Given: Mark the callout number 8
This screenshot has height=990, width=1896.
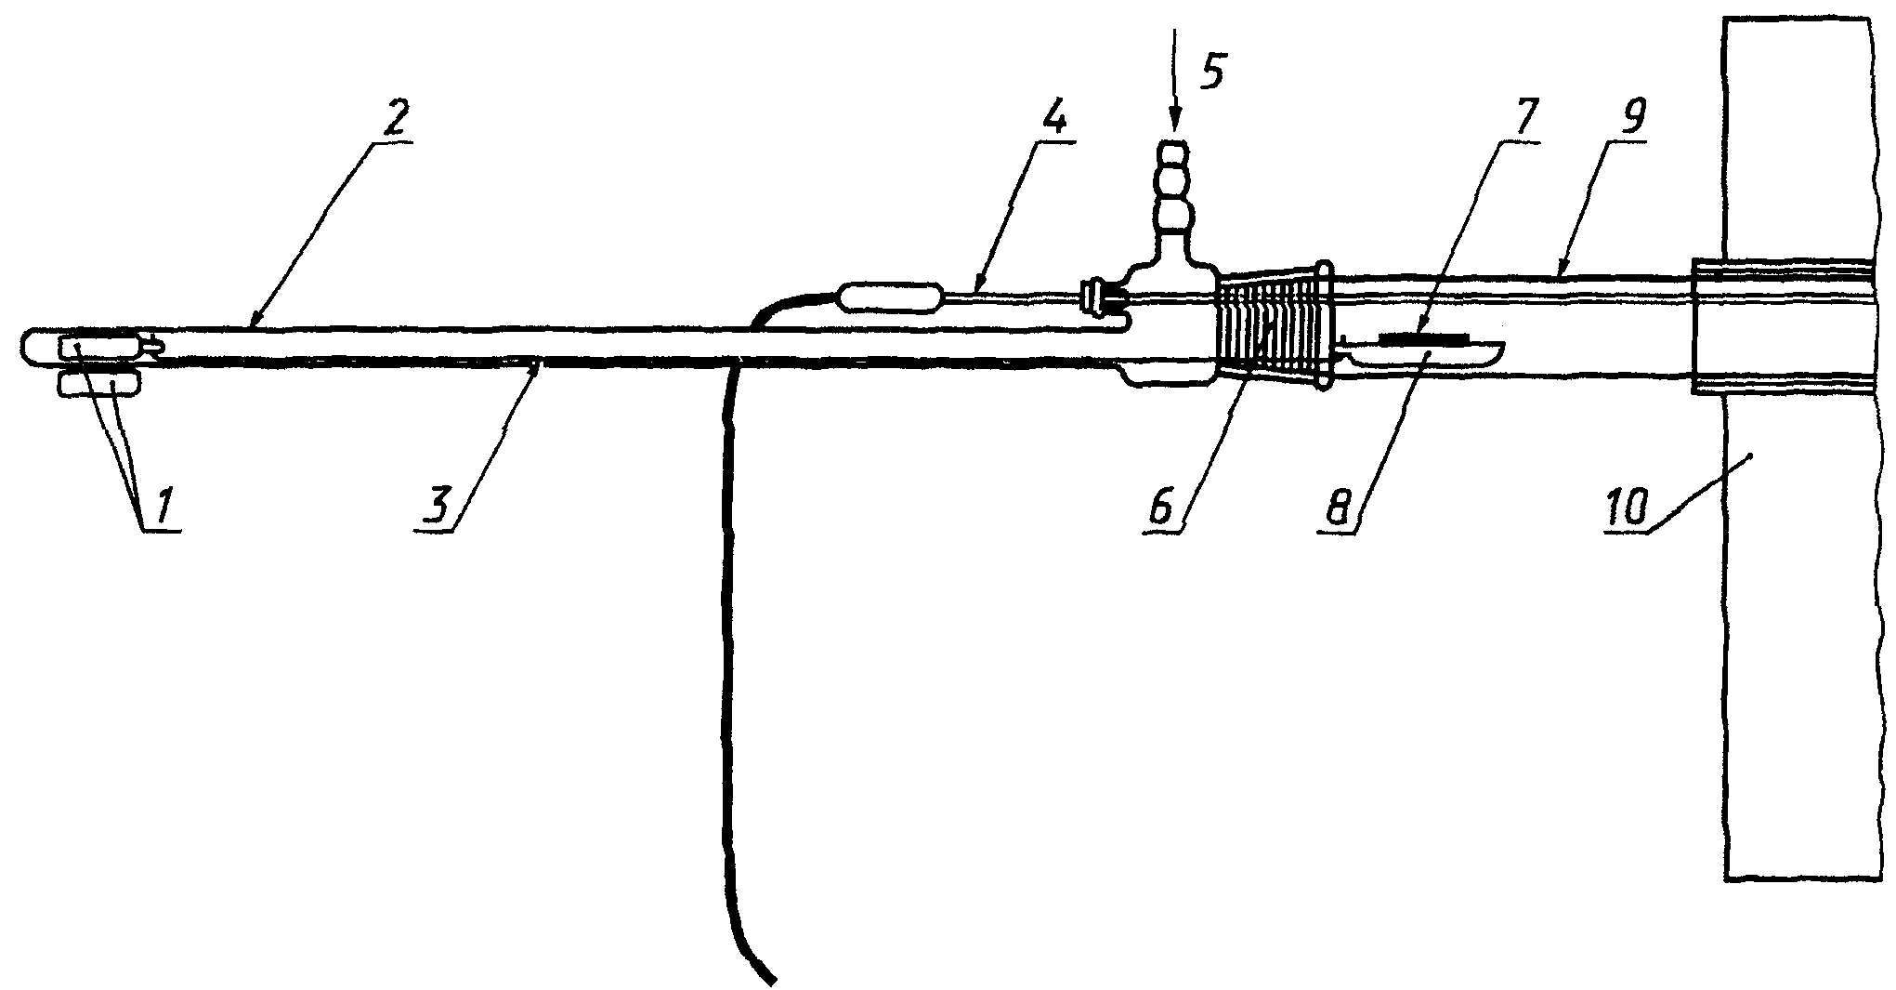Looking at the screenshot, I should pyautogui.click(x=1338, y=508).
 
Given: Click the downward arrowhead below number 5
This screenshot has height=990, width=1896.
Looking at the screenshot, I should pyautogui.click(x=1174, y=121).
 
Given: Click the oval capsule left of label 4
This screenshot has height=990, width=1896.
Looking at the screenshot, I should pyautogui.click(x=890, y=298).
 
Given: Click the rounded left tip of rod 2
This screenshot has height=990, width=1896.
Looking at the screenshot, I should pyautogui.click(x=28, y=348).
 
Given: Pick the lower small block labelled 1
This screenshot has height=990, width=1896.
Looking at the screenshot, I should pyautogui.click(x=98, y=384).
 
